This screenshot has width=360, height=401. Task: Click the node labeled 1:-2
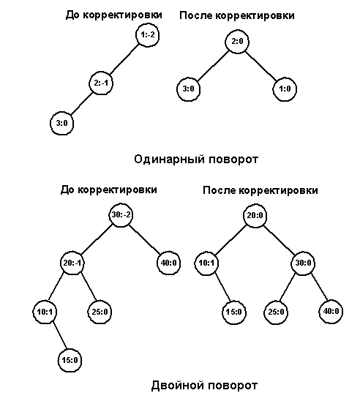[x=147, y=35]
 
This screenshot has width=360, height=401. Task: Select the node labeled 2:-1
[x=101, y=83]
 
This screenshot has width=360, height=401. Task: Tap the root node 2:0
[x=237, y=42]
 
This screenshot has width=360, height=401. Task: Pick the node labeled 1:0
[x=285, y=89]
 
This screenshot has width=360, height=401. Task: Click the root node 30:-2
[x=121, y=215]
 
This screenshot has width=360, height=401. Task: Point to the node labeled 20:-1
[x=72, y=263]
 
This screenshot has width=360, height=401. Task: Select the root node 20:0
[x=255, y=216]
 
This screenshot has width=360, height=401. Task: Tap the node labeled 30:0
[x=303, y=263]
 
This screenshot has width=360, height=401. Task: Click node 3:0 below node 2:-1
[x=61, y=123]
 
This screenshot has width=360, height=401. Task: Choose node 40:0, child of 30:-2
[x=168, y=263]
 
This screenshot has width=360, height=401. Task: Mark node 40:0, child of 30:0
[x=331, y=312]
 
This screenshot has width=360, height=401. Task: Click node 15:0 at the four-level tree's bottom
[x=70, y=360]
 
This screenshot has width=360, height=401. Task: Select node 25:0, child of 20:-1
[x=100, y=312]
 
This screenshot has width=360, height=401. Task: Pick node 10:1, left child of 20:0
[x=206, y=263]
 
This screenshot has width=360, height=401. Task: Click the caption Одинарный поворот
[x=196, y=160]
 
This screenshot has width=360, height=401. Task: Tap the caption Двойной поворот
[x=204, y=386]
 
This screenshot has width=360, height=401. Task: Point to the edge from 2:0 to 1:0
[x=260, y=65]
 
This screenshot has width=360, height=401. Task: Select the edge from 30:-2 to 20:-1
[x=97, y=239]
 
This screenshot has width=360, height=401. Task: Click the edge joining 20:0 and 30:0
[x=279, y=239]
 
